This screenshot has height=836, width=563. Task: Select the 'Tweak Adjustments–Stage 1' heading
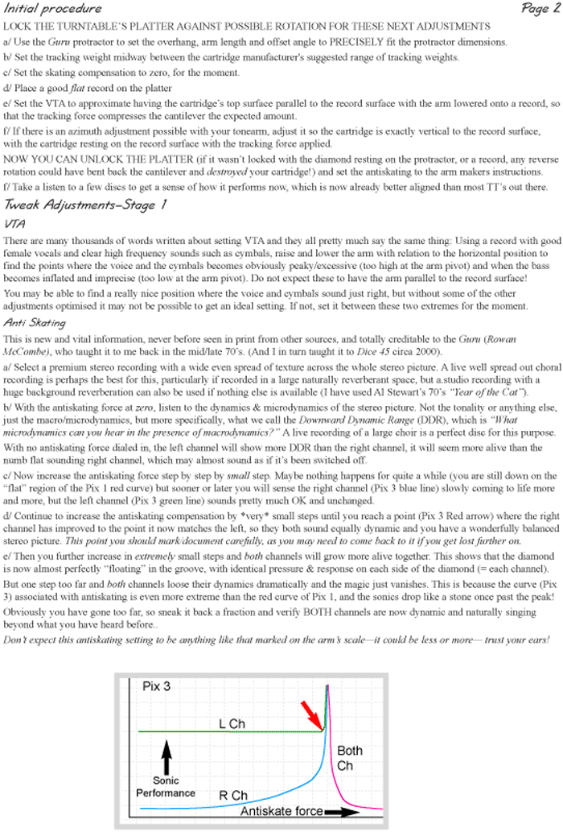(x=85, y=204)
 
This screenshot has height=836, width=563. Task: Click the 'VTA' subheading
(x=16, y=222)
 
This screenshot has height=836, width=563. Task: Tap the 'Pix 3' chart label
(x=157, y=687)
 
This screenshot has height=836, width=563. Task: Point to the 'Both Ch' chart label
(x=349, y=758)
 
